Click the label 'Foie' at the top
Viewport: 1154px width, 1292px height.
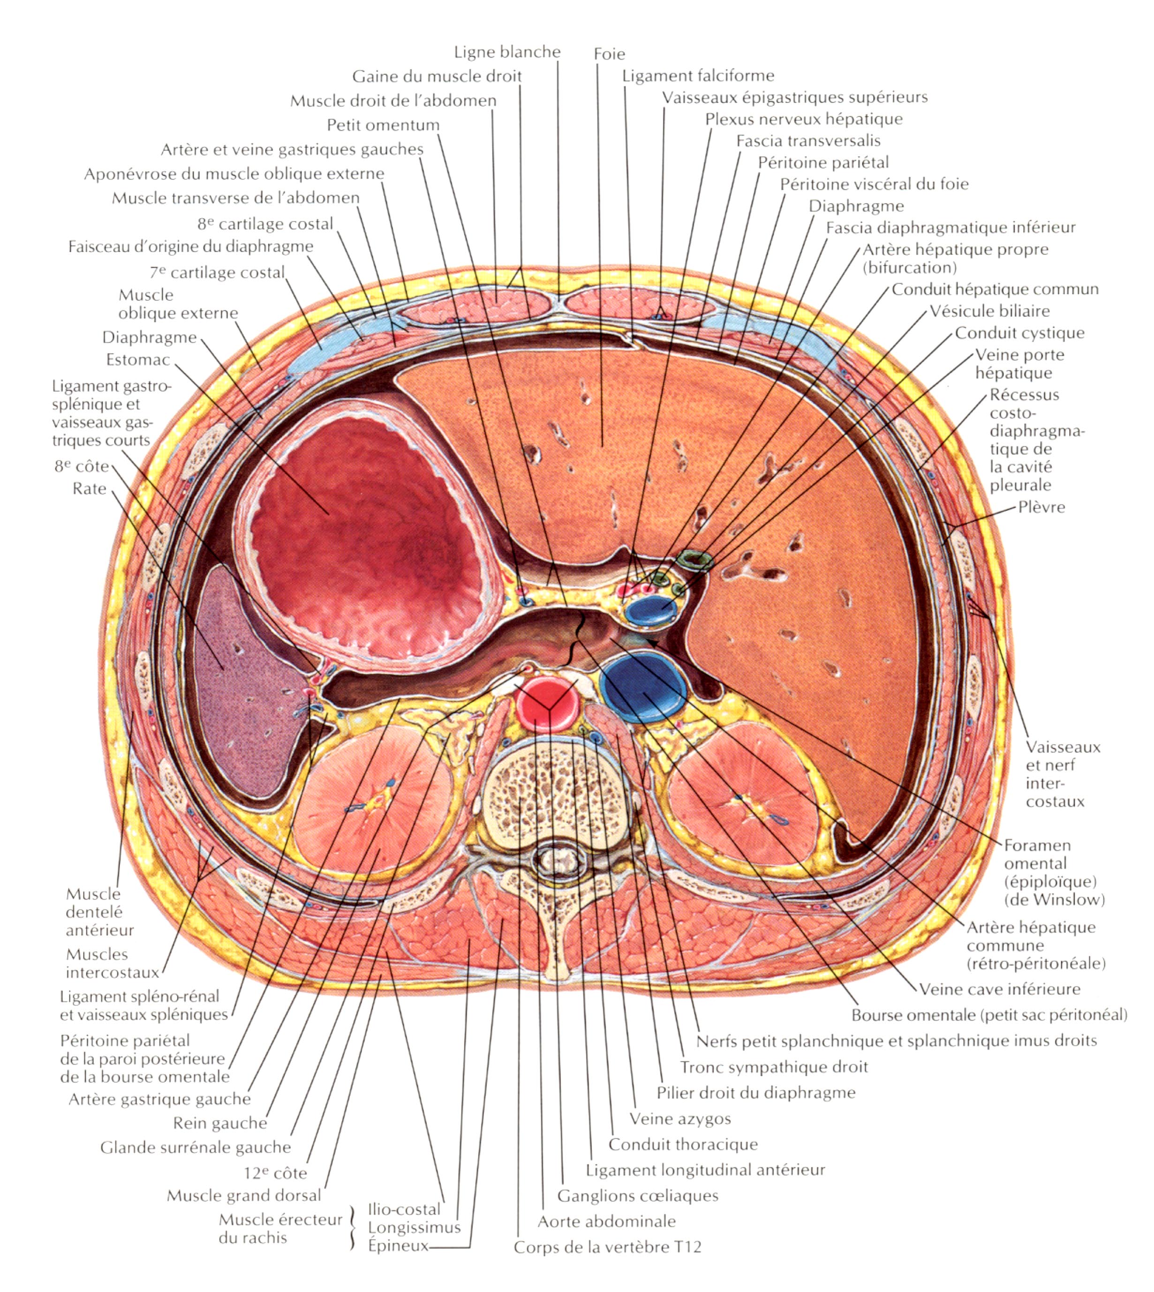(x=609, y=54)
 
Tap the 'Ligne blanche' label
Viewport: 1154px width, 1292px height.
(x=507, y=52)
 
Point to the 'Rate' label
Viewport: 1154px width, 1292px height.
(x=90, y=489)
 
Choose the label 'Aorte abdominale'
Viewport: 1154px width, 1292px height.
(x=606, y=1221)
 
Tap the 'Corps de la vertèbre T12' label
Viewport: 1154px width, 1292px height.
(x=607, y=1247)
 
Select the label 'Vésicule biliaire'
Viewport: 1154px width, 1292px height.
(x=989, y=311)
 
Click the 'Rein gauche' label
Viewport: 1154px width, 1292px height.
(x=220, y=1123)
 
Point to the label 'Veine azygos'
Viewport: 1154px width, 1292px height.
(x=680, y=1118)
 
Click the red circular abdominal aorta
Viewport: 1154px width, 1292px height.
(x=547, y=702)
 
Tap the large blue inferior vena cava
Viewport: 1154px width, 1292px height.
(x=643, y=688)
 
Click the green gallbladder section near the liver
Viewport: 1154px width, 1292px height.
(x=695, y=560)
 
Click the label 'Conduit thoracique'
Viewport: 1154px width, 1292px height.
(x=683, y=1144)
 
